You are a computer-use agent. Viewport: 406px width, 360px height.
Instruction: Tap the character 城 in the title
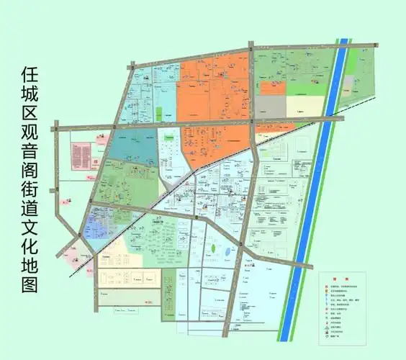30,96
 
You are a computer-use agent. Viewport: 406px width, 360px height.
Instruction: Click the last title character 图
30,284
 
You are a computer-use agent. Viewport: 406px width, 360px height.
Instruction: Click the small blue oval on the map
227,251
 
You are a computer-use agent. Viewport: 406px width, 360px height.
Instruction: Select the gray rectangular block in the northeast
271,106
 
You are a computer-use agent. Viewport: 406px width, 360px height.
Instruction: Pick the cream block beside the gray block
305,105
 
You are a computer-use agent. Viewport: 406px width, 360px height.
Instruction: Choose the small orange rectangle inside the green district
273,88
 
